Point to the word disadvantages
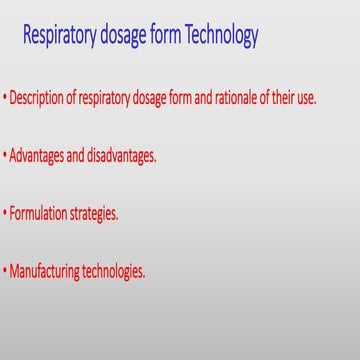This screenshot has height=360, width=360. point(120,156)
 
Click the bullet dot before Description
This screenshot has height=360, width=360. point(5,99)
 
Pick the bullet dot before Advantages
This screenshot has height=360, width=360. point(5,156)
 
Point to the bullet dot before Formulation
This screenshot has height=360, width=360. point(5,213)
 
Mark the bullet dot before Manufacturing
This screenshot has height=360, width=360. point(5,270)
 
